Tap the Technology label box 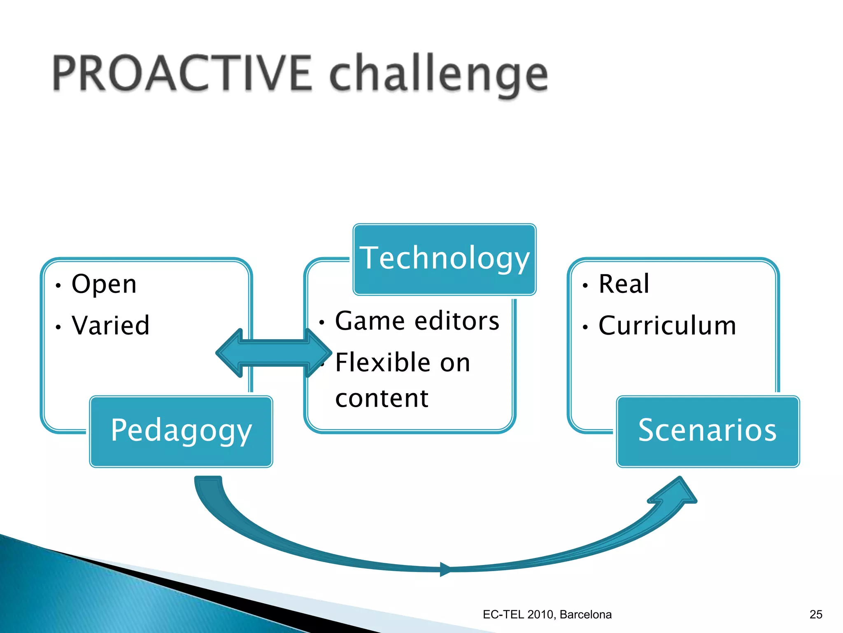(445, 259)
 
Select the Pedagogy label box (181, 431)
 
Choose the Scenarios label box (708, 431)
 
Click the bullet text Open (104, 284)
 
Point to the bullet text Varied (110, 326)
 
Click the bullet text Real (624, 284)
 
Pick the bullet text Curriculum (667, 326)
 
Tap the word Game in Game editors (370, 321)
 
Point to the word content (382, 399)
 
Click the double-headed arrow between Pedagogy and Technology (273, 353)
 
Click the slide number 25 (816, 614)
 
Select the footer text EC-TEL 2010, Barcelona (547, 614)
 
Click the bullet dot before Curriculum (585, 327)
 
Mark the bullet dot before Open (58, 286)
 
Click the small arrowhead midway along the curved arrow (446, 569)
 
